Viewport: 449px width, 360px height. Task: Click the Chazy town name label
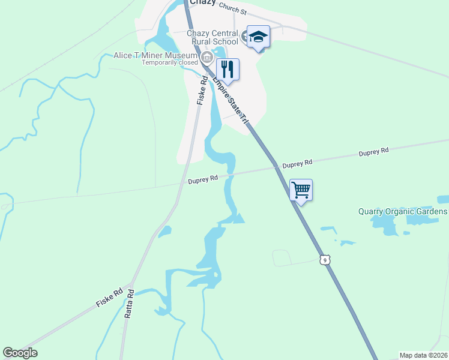click(206, 2)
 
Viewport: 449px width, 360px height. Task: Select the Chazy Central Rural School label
click(213, 37)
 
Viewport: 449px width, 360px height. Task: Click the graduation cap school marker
click(258, 37)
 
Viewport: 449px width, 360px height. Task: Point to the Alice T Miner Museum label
click(155, 56)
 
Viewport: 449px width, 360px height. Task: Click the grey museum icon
click(206, 58)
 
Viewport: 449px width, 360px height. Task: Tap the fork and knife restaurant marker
click(228, 69)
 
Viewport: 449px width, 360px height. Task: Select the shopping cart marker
click(301, 190)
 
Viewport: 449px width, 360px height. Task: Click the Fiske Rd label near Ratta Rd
click(109, 298)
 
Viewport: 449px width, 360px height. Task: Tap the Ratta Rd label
click(128, 304)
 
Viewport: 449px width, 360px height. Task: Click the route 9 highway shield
click(324, 260)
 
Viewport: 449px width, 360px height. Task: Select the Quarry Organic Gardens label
click(403, 212)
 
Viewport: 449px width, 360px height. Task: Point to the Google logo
click(20, 353)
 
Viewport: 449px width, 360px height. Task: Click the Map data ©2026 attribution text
click(424, 355)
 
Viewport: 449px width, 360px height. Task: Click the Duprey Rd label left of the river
click(202, 179)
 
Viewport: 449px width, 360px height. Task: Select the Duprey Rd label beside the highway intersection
click(298, 163)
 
